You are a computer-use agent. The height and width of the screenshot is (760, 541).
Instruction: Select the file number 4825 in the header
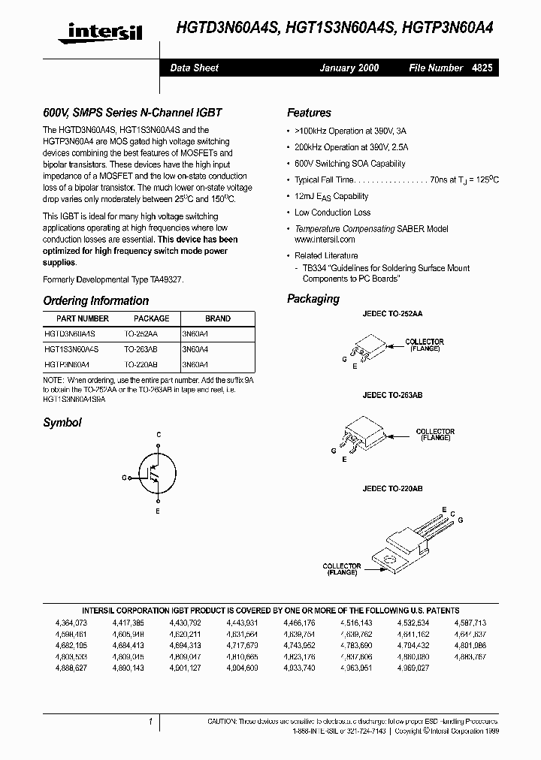click(x=482, y=68)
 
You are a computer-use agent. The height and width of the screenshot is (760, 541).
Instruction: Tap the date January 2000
click(x=349, y=68)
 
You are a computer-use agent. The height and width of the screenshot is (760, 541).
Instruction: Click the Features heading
click(x=309, y=113)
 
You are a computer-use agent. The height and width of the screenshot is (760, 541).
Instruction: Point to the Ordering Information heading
click(x=95, y=300)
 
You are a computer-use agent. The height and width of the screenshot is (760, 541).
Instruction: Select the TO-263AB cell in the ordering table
click(x=141, y=348)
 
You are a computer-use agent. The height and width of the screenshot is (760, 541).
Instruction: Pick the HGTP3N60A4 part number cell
click(x=67, y=363)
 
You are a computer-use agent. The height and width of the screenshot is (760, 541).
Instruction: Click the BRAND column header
click(x=218, y=318)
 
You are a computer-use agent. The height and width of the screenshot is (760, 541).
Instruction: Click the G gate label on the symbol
click(x=124, y=478)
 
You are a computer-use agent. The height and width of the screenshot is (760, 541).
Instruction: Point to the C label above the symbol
click(x=159, y=435)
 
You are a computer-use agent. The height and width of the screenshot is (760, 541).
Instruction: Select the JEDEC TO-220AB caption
click(x=392, y=488)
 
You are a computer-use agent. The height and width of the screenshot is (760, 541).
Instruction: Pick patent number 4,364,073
click(x=71, y=623)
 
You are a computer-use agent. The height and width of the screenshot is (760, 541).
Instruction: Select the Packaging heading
click(x=313, y=299)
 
